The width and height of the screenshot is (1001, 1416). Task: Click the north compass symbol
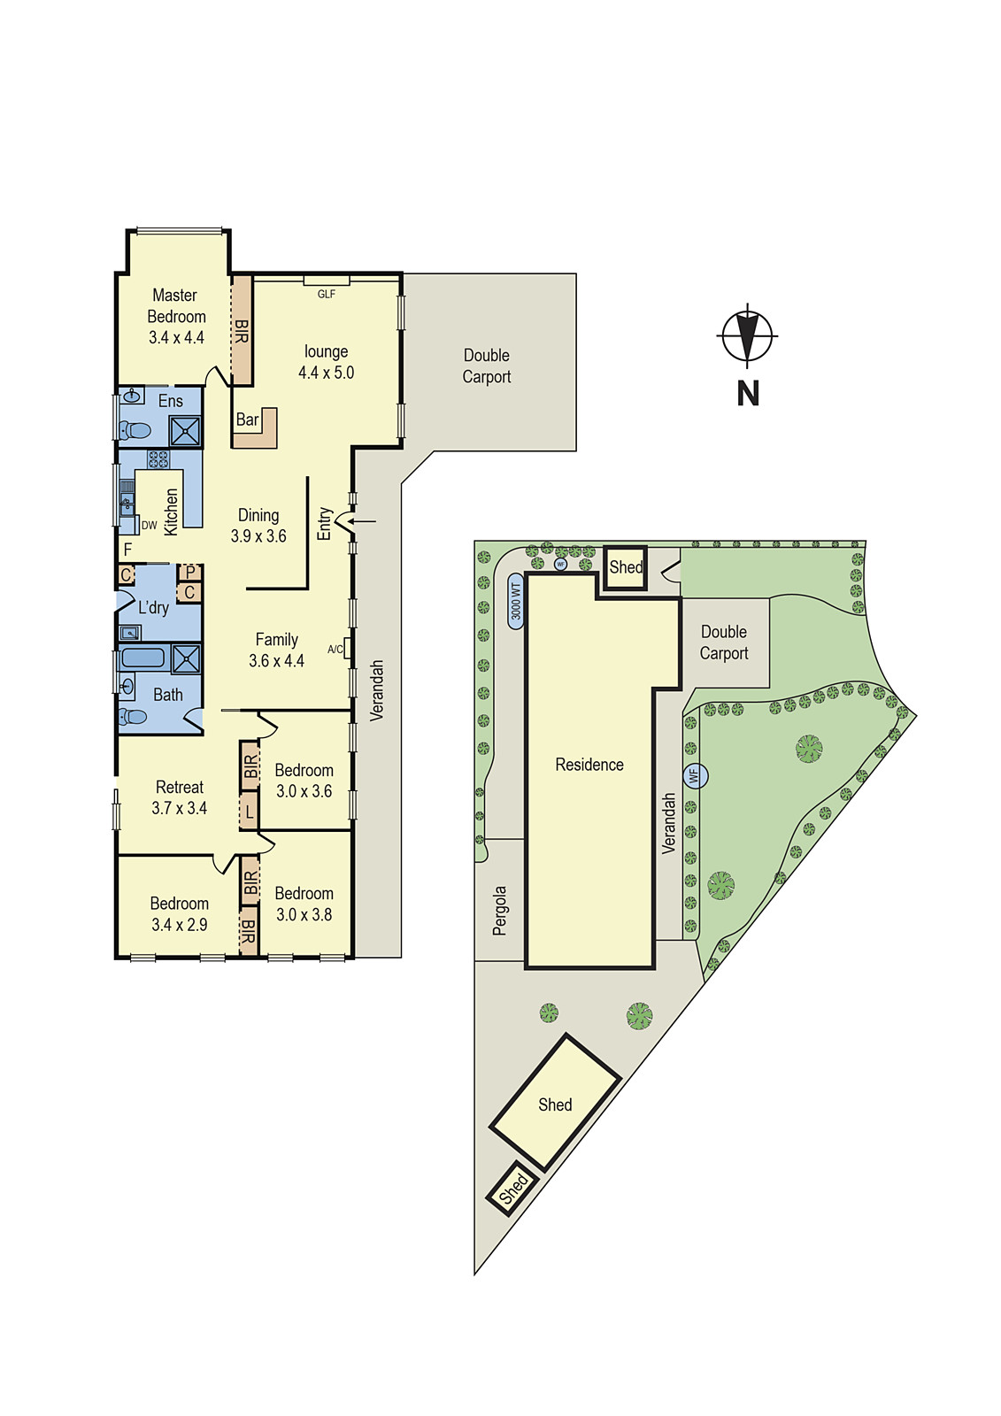pyautogui.click(x=748, y=336)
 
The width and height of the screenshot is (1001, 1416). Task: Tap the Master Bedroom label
pyautogui.click(x=176, y=305)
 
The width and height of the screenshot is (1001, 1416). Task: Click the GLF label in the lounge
pyautogui.click(x=327, y=295)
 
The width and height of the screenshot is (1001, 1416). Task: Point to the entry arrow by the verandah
pyautogui.click(x=361, y=521)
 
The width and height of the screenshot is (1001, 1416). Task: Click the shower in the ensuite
pyautogui.click(x=186, y=431)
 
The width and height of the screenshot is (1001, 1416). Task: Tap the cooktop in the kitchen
pyautogui.click(x=158, y=459)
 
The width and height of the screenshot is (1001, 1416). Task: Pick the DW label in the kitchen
pyautogui.click(x=149, y=526)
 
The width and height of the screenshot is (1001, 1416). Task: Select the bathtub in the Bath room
pyautogui.click(x=143, y=658)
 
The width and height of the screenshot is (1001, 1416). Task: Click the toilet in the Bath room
pyautogui.click(x=133, y=716)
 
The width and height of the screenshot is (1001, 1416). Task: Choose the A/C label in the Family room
pyautogui.click(x=335, y=650)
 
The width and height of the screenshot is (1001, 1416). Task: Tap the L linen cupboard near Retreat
pyautogui.click(x=250, y=812)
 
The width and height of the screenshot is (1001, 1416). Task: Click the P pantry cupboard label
pyautogui.click(x=190, y=573)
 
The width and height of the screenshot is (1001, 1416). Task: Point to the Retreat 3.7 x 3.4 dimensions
pyautogui.click(x=180, y=808)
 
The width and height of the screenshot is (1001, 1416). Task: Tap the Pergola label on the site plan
pyautogui.click(x=500, y=911)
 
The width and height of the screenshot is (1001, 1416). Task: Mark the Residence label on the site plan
pyautogui.click(x=589, y=765)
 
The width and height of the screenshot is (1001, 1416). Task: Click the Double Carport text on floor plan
pyautogui.click(x=487, y=366)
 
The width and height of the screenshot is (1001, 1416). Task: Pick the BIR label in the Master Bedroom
pyautogui.click(x=242, y=331)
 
